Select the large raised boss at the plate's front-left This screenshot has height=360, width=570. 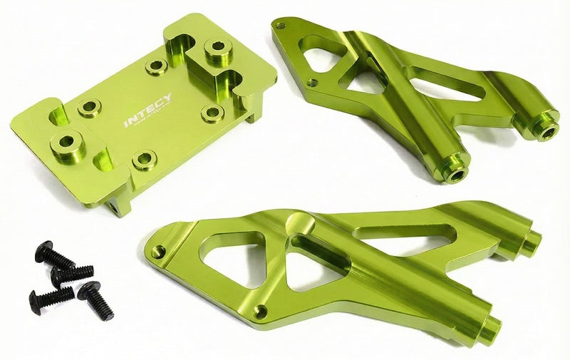(x=66, y=143)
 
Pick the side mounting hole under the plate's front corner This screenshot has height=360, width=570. (x=112, y=207)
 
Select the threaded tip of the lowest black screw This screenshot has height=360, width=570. (x=107, y=314)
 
